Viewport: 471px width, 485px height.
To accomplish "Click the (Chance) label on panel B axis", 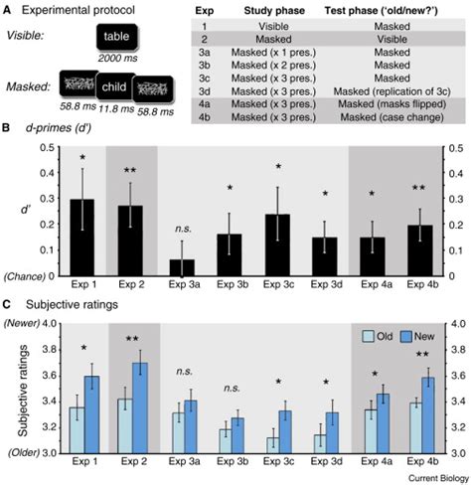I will (32, 275).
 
